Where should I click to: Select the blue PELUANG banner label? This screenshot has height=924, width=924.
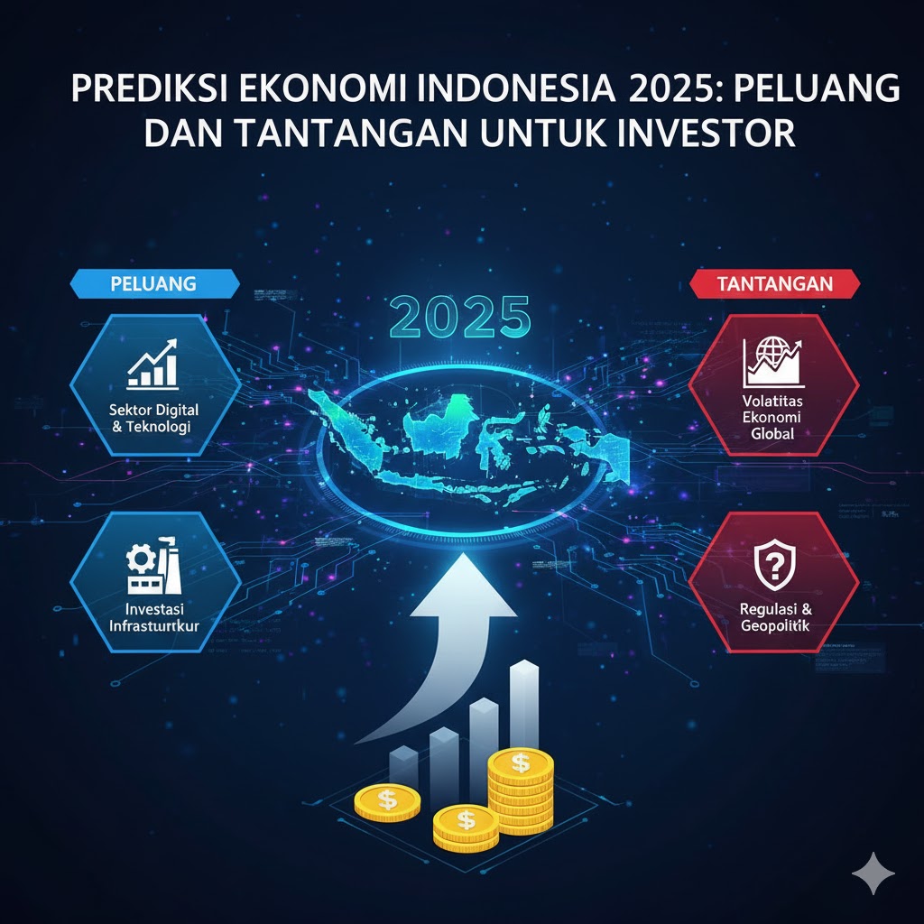(x=153, y=283)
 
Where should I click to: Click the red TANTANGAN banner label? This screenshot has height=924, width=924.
(x=775, y=283)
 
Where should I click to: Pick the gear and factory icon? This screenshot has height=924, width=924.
(x=152, y=566)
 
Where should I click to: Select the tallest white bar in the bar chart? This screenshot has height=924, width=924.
(x=524, y=704)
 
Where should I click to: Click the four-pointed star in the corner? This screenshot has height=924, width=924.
(x=873, y=873)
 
